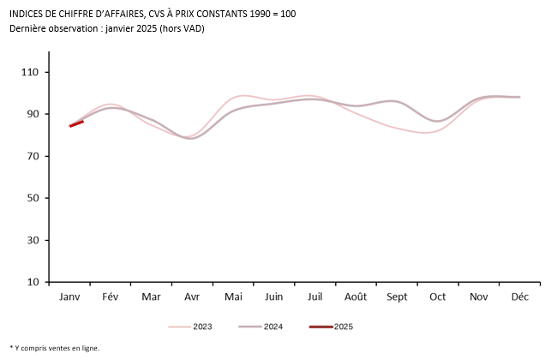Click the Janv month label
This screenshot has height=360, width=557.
click(69, 297)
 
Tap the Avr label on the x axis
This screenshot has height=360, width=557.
click(192, 297)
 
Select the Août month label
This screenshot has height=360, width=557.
click(356, 297)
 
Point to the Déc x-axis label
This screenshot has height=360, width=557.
click(519, 297)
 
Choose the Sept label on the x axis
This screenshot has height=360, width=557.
click(397, 297)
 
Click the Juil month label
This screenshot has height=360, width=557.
click(314, 297)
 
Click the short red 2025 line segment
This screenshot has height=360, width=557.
click(76, 123)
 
